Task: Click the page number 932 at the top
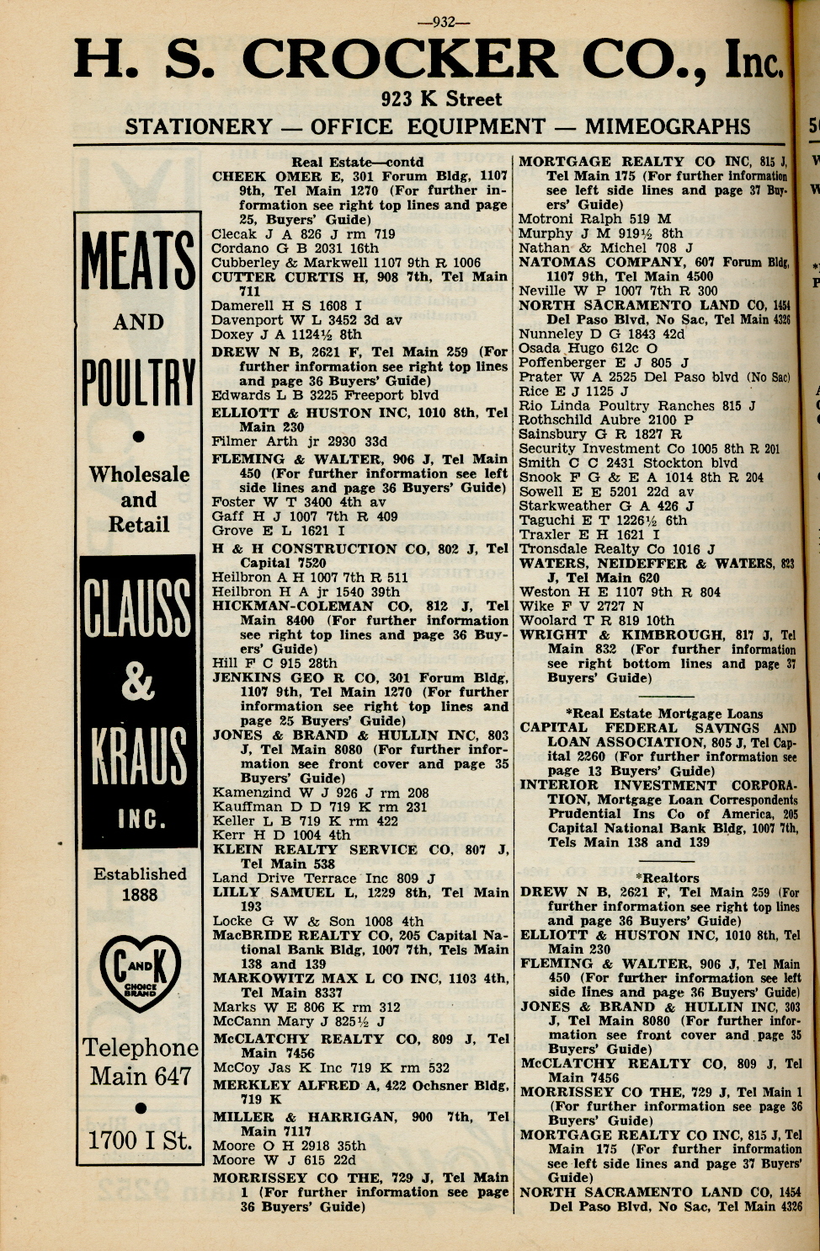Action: (443, 23)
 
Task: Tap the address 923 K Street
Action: (441, 99)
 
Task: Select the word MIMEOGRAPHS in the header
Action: (668, 127)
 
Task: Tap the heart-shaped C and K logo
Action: (140, 974)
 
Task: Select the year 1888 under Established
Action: (140, 895)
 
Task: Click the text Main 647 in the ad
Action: (141, 1077)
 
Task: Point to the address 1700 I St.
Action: (140, 1141)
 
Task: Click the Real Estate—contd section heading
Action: (358, 162)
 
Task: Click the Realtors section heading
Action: (668, 878)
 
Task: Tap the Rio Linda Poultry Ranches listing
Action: (637, 405)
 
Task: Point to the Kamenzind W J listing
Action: (320, 793)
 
